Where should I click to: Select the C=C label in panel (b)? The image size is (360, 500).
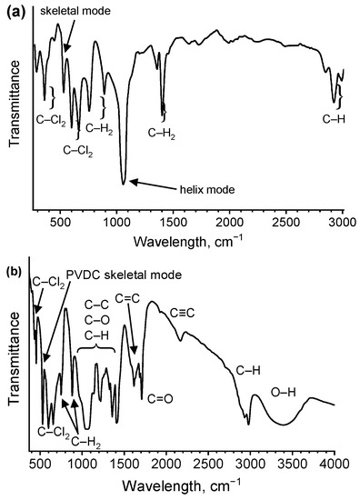(x=127, y=296)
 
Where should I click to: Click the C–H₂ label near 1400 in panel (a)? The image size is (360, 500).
(x=162, y=133)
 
